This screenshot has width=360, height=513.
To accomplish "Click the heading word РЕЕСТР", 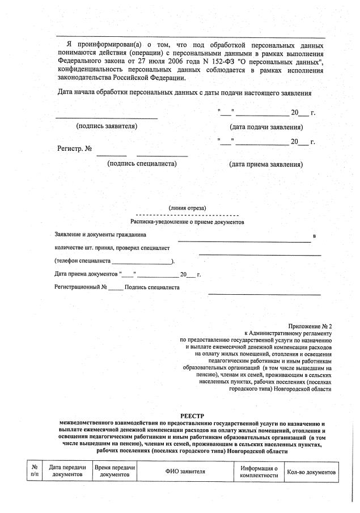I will click(x=187, y=416).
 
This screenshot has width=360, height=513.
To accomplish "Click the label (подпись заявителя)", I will click(x=107, y=126).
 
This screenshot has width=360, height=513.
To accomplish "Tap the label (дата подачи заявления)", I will click(x=266, y=127).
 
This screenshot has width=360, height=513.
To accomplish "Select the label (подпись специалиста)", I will click(x=142, y=164).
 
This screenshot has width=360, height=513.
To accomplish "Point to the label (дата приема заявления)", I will click(x=266, y=164).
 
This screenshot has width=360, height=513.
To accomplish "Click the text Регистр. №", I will click(x=74, y=149).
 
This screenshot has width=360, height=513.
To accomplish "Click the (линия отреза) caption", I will click(x=187, y=208).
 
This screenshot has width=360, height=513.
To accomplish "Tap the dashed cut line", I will click(x=187, y=215).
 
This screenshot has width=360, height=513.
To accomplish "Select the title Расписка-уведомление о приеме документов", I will click(x=187, y=223).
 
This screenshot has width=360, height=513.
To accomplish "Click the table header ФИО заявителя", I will click(x=185, y=472).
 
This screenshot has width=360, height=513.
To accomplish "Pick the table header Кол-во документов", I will click(x=311, y=472).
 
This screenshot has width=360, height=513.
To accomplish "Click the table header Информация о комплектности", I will click(x=259, y=472).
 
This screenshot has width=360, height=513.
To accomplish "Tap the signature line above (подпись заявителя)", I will click(x=107, y=118).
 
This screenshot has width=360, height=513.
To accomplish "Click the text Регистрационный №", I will click(x=81, y=287).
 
